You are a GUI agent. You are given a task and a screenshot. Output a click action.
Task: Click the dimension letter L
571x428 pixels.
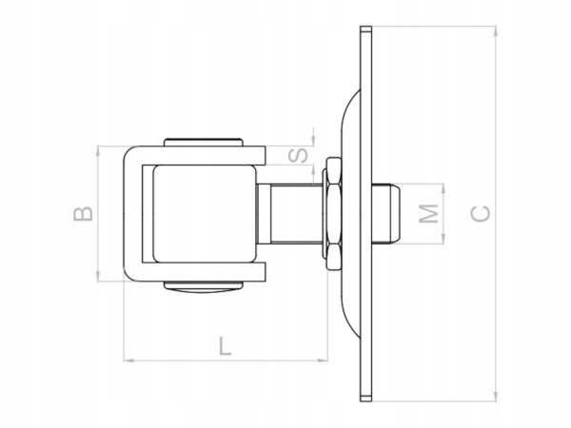(x=225, y=344)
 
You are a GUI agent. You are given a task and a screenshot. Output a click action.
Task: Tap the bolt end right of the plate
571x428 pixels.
(x=388, y=213)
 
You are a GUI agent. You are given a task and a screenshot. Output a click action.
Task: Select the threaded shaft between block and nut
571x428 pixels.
(x=289, y=213)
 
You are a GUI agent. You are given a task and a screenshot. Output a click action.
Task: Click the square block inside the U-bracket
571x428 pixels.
(x=205, y=213)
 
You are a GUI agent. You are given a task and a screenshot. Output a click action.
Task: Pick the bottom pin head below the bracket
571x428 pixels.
(x=203, y=285)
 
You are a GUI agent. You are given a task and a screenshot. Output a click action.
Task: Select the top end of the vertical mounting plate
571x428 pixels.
(x=365, y=31)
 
